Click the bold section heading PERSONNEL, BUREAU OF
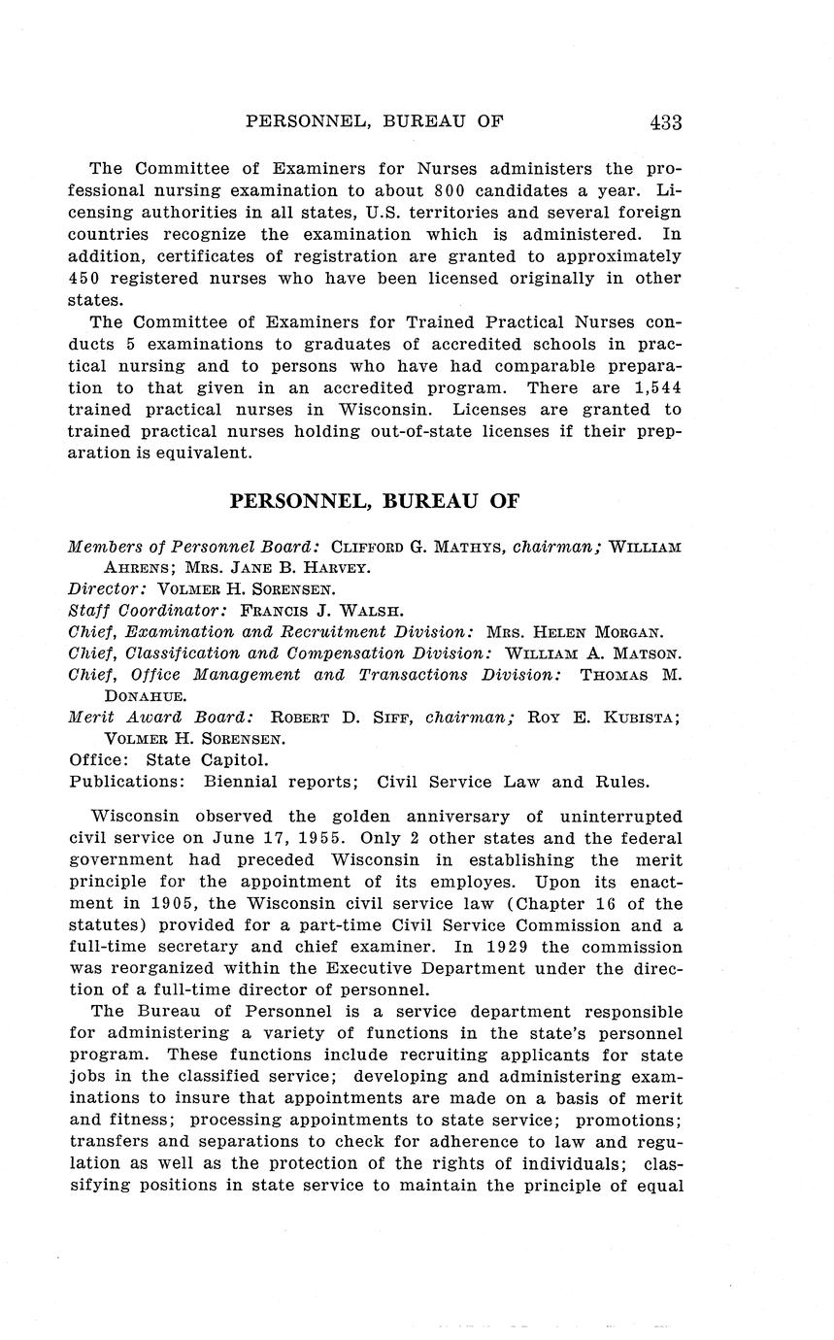pos(375,502)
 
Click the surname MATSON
pos(643,653)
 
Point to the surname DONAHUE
pos(141,696)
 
